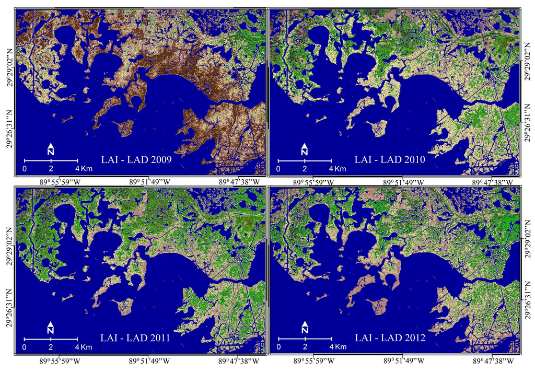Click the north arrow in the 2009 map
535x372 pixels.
click(51, 148)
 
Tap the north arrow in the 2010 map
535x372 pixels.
click(304, 148)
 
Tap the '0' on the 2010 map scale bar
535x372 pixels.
click(278, 170)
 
